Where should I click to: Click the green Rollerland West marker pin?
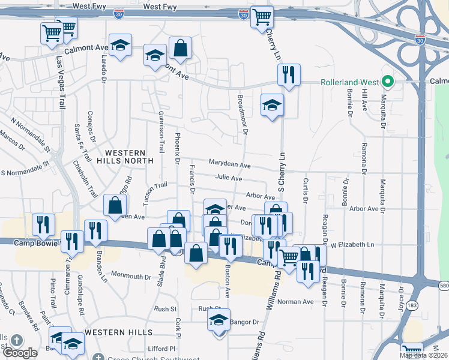coord(388,82)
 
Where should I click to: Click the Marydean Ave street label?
coord(229,164)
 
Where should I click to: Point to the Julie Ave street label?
coord(229,178)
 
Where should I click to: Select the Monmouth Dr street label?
coord(131,277)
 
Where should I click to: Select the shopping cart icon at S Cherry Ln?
coord(262,18)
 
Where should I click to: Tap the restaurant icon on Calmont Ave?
coord(288,74)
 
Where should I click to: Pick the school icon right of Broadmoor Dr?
coord(272,104)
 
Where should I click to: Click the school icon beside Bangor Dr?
coord(219,319)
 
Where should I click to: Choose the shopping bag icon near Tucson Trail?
coord(114,205)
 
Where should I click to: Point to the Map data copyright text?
coord(424,355)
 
